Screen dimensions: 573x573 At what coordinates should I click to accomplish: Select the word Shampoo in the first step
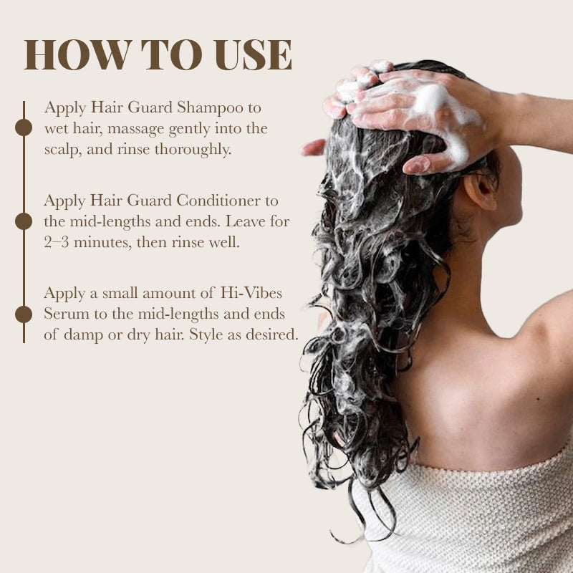point(210,108)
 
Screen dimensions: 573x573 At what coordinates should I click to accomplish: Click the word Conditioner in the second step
point(218,201)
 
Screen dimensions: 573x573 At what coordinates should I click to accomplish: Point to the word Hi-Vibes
point(251,293)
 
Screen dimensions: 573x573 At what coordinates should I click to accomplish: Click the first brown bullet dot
point(24,127)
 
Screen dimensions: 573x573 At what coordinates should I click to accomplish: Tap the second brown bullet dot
point(24,221)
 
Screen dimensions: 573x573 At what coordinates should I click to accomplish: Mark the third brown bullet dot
point(24,314)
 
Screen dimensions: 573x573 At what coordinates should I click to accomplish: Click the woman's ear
point(482,189)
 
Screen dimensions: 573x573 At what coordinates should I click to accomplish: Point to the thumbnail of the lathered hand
point(417,165)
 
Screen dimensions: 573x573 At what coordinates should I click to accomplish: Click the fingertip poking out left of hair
point(312,148)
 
